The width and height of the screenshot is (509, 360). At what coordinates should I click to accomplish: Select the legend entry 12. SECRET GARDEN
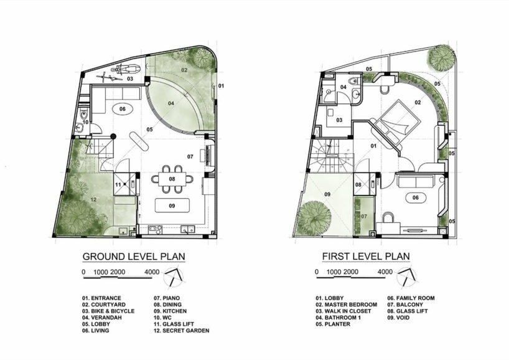182,331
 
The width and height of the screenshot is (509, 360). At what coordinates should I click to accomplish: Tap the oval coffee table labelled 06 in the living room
123,109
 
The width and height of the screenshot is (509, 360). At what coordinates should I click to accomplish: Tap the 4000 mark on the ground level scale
151,272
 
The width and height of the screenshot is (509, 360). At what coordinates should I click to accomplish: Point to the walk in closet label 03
340,120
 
